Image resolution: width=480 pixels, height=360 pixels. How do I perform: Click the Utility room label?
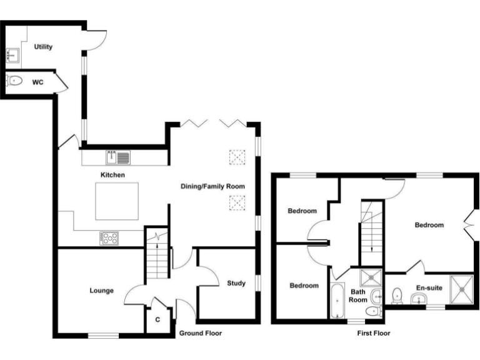44,47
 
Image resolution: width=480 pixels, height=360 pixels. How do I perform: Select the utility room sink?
12,55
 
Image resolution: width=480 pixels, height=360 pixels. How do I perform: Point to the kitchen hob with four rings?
110,237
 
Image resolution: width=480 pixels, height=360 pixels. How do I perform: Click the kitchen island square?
117,201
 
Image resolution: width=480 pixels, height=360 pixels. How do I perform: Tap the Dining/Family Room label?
212,186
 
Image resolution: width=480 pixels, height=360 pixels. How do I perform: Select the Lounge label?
101,290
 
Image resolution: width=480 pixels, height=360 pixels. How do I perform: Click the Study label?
236,283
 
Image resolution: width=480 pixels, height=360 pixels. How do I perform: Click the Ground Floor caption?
200,333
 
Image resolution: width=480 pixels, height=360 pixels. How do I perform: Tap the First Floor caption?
374,333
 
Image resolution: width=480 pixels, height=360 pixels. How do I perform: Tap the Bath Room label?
357,295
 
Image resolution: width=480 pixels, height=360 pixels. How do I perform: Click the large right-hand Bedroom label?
429,225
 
